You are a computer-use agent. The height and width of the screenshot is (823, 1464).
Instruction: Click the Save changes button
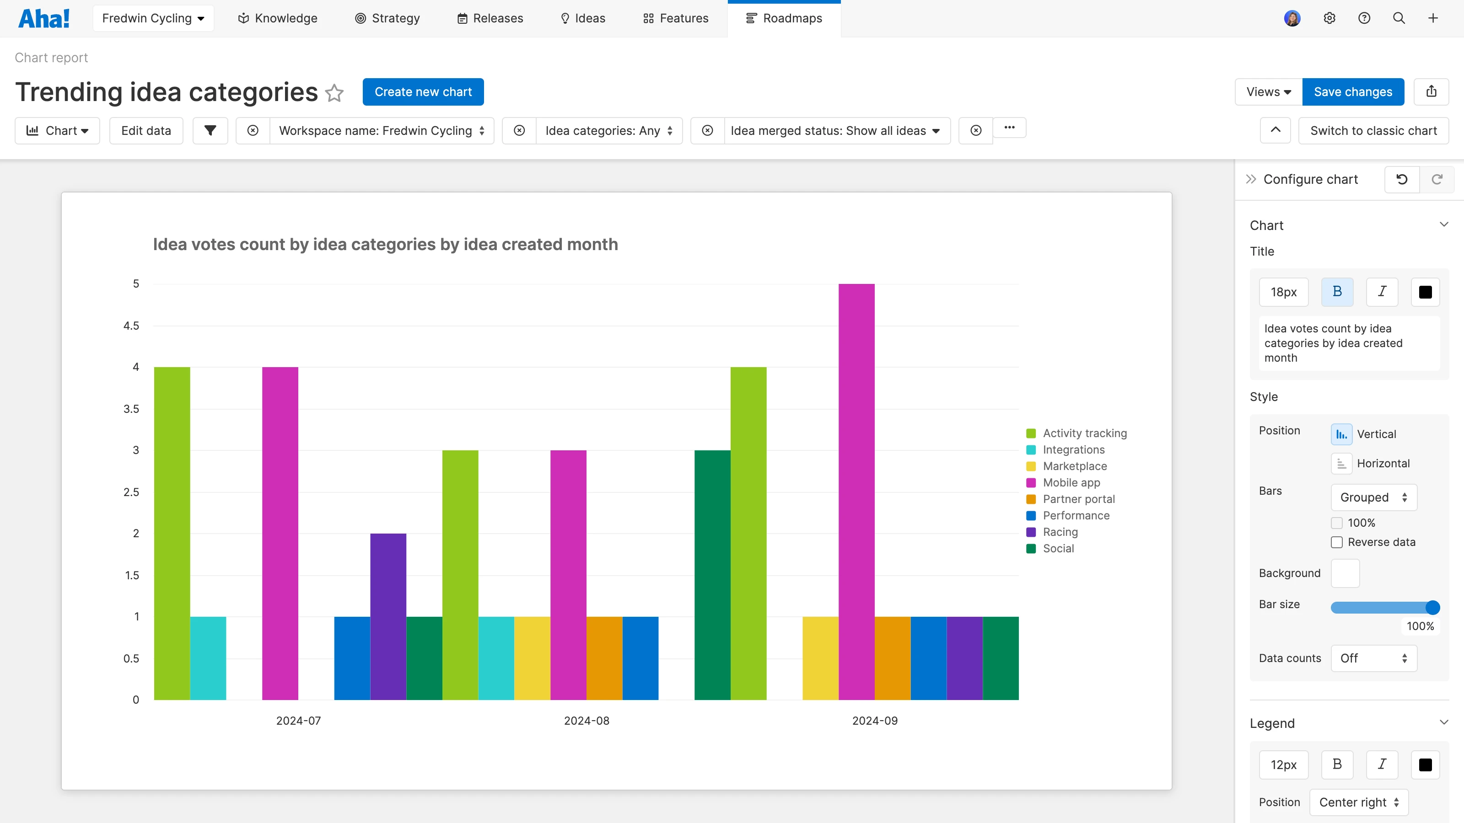pos(1353,92)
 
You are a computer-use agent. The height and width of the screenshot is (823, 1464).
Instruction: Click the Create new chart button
pos(423,92)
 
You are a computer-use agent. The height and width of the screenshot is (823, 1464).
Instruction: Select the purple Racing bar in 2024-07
pos(388,616)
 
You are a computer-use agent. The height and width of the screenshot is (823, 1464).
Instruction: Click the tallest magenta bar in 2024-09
pos(856,492)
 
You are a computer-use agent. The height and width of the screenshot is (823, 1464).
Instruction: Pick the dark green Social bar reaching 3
pos(712,574)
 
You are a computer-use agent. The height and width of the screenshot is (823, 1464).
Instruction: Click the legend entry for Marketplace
pos(1074,466)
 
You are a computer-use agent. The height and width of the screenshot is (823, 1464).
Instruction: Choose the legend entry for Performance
pos(1075,516)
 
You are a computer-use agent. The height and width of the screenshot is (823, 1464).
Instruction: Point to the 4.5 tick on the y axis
pos(131,326)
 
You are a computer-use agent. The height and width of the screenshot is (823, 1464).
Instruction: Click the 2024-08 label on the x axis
pos(587,721)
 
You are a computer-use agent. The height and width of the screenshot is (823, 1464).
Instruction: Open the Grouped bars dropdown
pos(1373,497)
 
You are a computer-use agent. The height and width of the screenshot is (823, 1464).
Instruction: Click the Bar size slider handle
pos(1432,608)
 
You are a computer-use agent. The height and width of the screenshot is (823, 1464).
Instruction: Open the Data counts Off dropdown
pos(1373,658)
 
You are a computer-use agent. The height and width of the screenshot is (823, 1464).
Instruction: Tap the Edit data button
pos(146,131)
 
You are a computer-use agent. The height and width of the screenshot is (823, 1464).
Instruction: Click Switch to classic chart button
pos(1373,131)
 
